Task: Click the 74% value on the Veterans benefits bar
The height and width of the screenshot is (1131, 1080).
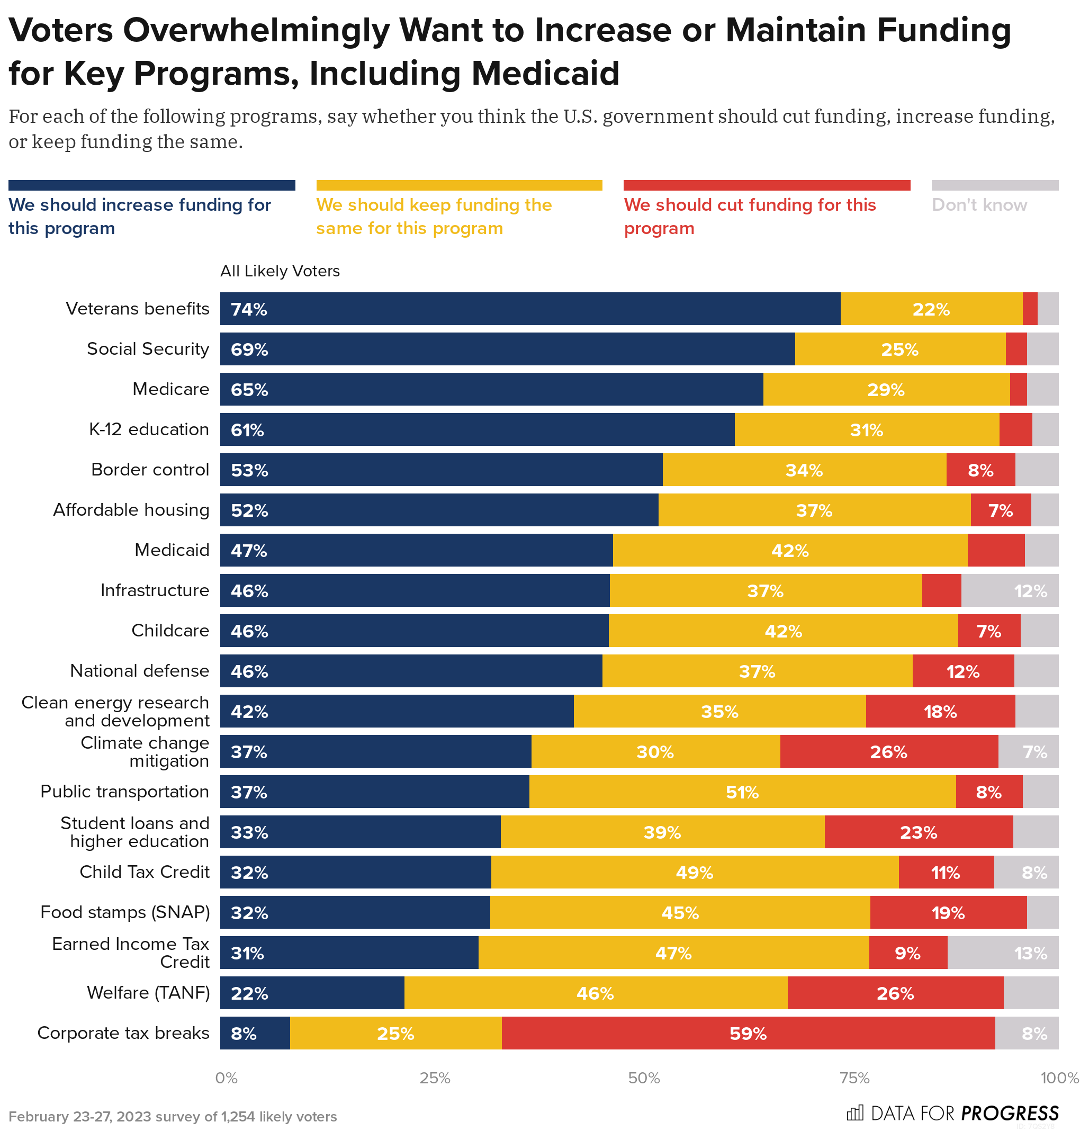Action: pyautogui.click(x=249, y=309)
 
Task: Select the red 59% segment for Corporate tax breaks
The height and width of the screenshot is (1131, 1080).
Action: pyautogui.click(x=748, y=1033)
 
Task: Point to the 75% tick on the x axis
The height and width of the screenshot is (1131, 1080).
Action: pyautogui.click(x=854, y=1078)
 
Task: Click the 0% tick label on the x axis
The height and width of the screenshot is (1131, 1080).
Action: pyautogui.click(x=226, y=1078)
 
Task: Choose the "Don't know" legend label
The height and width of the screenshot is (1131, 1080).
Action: pyautogui.click(x=979, y=205)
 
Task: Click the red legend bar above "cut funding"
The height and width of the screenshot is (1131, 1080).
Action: pyautogui.click(x=766, y=185)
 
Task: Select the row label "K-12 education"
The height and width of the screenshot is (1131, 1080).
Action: pyautogui.click(x=149, y=429)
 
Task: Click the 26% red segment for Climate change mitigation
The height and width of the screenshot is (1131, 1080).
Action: pyautogui.click(x=888, y=751)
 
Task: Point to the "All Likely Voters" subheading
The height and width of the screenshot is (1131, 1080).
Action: pyautogui.click(x=280, y=271)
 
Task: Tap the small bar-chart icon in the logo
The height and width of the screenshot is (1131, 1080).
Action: pyautogui.click(x=855, y=1112)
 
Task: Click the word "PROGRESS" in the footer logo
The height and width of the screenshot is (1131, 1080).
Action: pyautogui.click(x=1010, y=1113)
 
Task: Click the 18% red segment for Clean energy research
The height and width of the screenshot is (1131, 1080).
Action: pyautogui.click(x=940, y=711)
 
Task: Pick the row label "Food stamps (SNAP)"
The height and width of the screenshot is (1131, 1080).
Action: pyautogui.click(x=125, y=912)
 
